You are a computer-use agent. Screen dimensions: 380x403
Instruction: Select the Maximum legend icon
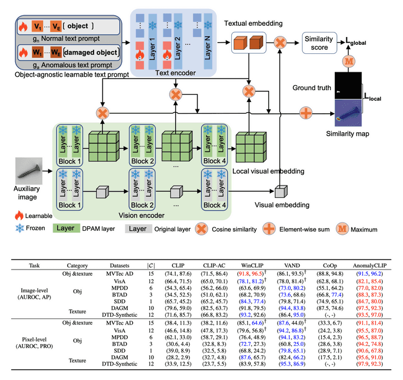342,229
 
